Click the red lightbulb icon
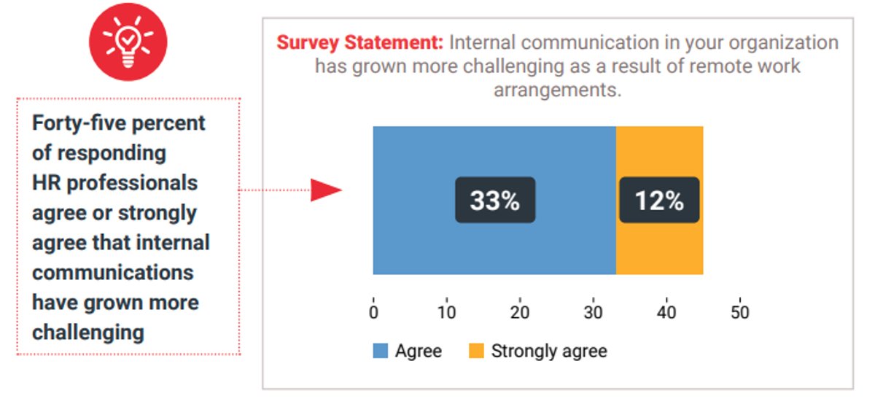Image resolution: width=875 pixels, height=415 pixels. point(128,42)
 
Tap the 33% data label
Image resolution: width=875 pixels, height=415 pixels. point(495,200)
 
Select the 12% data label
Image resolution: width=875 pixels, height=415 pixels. point(659,200)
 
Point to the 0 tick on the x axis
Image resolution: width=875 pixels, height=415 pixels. point(373,311)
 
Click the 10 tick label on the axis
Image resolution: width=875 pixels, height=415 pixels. point(446,311)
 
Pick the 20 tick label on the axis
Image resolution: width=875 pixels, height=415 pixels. point(520,311)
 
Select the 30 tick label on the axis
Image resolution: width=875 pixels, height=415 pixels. point(593,311)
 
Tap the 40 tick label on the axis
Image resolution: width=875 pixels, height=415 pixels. point(666,311)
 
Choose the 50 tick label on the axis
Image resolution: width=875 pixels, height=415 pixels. point(739,311)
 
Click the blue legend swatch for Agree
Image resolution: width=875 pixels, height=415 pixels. point(381,351)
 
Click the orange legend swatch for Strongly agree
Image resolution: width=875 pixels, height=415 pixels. point(476,351)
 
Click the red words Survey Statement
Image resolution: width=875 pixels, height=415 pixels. point(359,42)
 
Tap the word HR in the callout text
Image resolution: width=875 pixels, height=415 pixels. point(46,182)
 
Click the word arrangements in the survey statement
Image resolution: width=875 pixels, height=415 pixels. point(557,90)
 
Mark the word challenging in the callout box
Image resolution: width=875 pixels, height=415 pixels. point(87,333)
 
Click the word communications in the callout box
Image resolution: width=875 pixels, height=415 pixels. point(113,273)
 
